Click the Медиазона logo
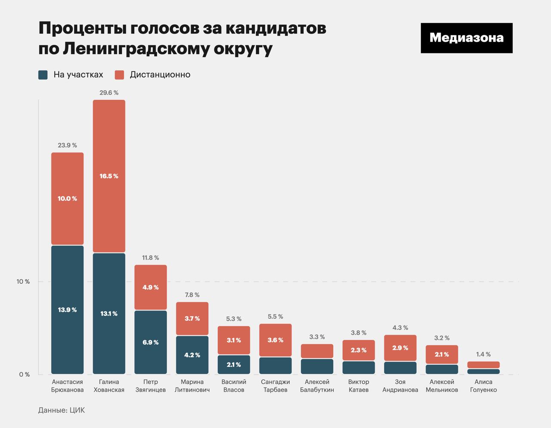pyautogui.click(x=466, y=38)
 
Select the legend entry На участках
pyautogui.click(x=78, y=75)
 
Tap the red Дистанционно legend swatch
pyautogui.click(x=119, y=75)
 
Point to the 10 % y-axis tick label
pyautogui.click(x=23, y=282)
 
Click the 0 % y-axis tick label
pyautogui.click(x=25, y=374)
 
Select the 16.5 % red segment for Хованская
pyautogui.click(x=109, y=176)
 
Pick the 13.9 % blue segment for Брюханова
pyautogui.click(x=67, y=310)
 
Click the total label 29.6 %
pyautogui.click(x=109, y=92)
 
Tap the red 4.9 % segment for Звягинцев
pyautogui.click(x=151, y=287)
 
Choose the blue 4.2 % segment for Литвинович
pyautogui.click(x=192, y=355)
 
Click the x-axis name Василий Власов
pyautogui.click(x=234, y=386)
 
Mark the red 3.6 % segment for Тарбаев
pyautogui.click(x=275, y=340)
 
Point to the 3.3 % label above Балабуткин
pyautogui.click(x=317, y=337)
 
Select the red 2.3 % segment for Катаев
pyautogui.click(x=359, y=350)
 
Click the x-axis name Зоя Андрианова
pyautogui.click(x=400, y=386)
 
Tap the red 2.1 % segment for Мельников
pyautogui.click(x=442, y=354)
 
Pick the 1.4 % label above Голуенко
pyautogui.click(x=483, y=354)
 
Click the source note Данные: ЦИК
pyautogui.click(x=62, y=410)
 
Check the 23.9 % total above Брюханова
pyautogui.click(x=67, y=145)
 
